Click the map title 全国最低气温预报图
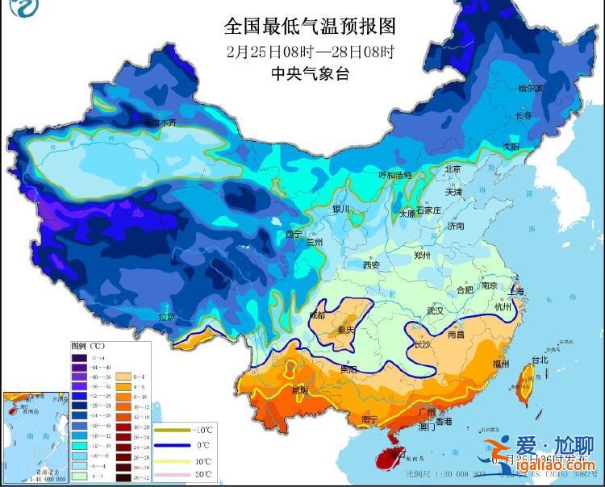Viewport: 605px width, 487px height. click(x=311, y=26)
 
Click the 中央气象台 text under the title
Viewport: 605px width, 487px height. click(x=311, y=74)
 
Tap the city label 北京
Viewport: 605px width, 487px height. click(x=452, y=169)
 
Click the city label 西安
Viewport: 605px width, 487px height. click(x=371, y=264)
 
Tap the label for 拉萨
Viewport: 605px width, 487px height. click(x=166, y=317)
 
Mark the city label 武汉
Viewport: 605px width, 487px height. click(x=436, y=310)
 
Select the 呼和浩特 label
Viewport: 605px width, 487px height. click(x=395, y=175)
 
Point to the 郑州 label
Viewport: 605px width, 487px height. click(x=422, y=256)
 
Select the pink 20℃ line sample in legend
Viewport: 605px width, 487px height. click(x=174, y=476)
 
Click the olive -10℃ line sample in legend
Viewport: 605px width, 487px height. click(x=174, y=430)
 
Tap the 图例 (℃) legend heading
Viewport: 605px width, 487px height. click(x=86, y=347)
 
